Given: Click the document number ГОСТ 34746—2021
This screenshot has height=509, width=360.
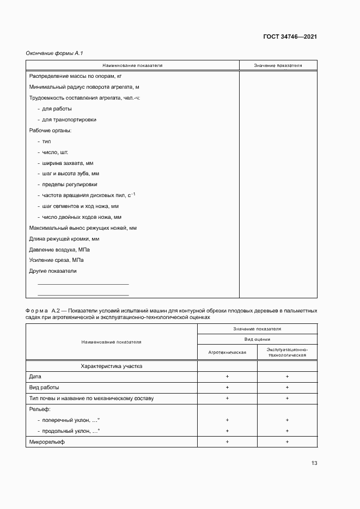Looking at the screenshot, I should tap(290, 37).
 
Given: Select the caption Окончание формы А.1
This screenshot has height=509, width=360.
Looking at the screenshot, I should tap(54, 53).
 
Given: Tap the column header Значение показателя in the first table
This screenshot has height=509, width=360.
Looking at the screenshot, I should tap(278, 65).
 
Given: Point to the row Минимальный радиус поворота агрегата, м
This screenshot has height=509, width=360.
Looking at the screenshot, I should tap(84, 87).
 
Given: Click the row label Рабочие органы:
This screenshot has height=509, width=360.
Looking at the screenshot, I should tap(50, 131).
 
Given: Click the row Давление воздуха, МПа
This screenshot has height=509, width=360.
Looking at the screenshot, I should tap(59, 249).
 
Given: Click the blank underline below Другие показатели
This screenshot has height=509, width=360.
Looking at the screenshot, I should tap(83, 284).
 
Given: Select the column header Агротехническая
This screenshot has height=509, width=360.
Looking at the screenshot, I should tap(227, 352).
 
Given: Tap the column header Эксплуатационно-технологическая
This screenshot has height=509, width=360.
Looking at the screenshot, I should tap(287, 352).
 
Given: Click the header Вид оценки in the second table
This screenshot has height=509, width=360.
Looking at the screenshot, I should tap(257, 339).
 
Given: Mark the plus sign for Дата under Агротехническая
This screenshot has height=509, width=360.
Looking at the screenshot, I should tap(227, 377).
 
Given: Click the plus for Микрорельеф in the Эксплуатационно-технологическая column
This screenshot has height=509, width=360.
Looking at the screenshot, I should tap(287, 441).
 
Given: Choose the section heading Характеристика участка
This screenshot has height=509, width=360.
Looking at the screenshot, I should tap(111, 366).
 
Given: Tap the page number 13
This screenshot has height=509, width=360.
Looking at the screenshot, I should tap(314, 463).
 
